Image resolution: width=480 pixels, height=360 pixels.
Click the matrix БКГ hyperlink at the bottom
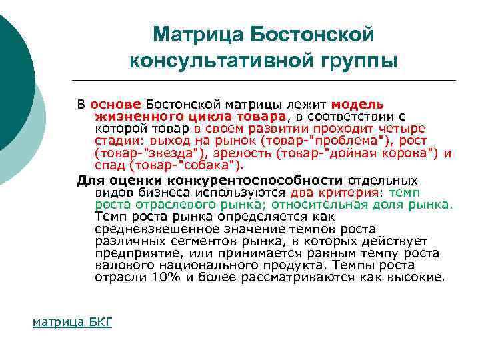coord(73,322)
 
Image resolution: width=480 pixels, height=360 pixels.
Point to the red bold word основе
coord(115,105)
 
